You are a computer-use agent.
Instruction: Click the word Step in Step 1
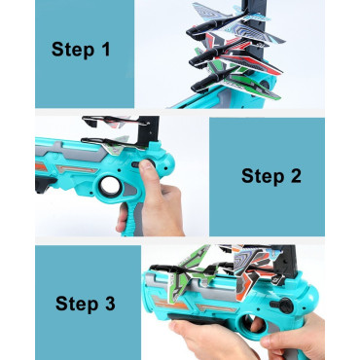tap(73, 50)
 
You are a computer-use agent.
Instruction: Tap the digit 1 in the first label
tap(106, 49)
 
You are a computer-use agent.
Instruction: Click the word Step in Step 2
tap(263, 176)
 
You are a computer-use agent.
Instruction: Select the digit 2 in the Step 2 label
tap(296, 175)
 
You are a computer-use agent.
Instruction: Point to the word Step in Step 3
tap(77, 304)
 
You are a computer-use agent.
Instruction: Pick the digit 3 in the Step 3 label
tap(110, 304)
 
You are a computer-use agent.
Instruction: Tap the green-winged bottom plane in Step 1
tap(235, 81)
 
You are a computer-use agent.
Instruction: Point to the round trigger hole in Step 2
tap(110, 187)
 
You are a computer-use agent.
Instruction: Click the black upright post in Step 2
tap(149, 130)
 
